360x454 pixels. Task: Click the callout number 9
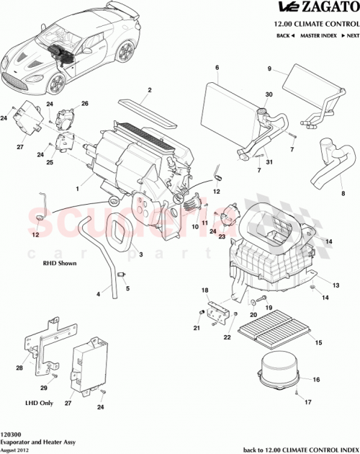pyautogui.click(x=270, y=69)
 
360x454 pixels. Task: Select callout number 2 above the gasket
pyautogui.click(x=149, y=91)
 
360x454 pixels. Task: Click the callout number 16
pyautogui.click(x=315, y=380)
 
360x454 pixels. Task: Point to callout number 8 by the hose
pyautogui.click(x=333, y=193)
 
